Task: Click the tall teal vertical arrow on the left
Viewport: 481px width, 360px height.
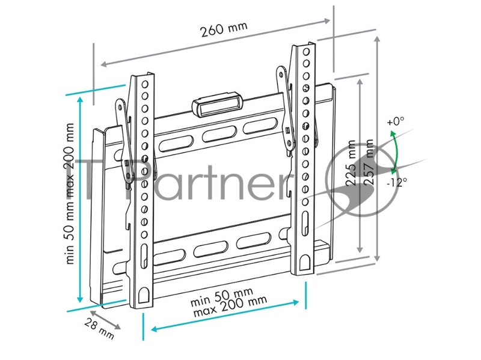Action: [x=80, y=199]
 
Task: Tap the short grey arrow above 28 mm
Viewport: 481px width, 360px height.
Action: [x=106, y=320]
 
